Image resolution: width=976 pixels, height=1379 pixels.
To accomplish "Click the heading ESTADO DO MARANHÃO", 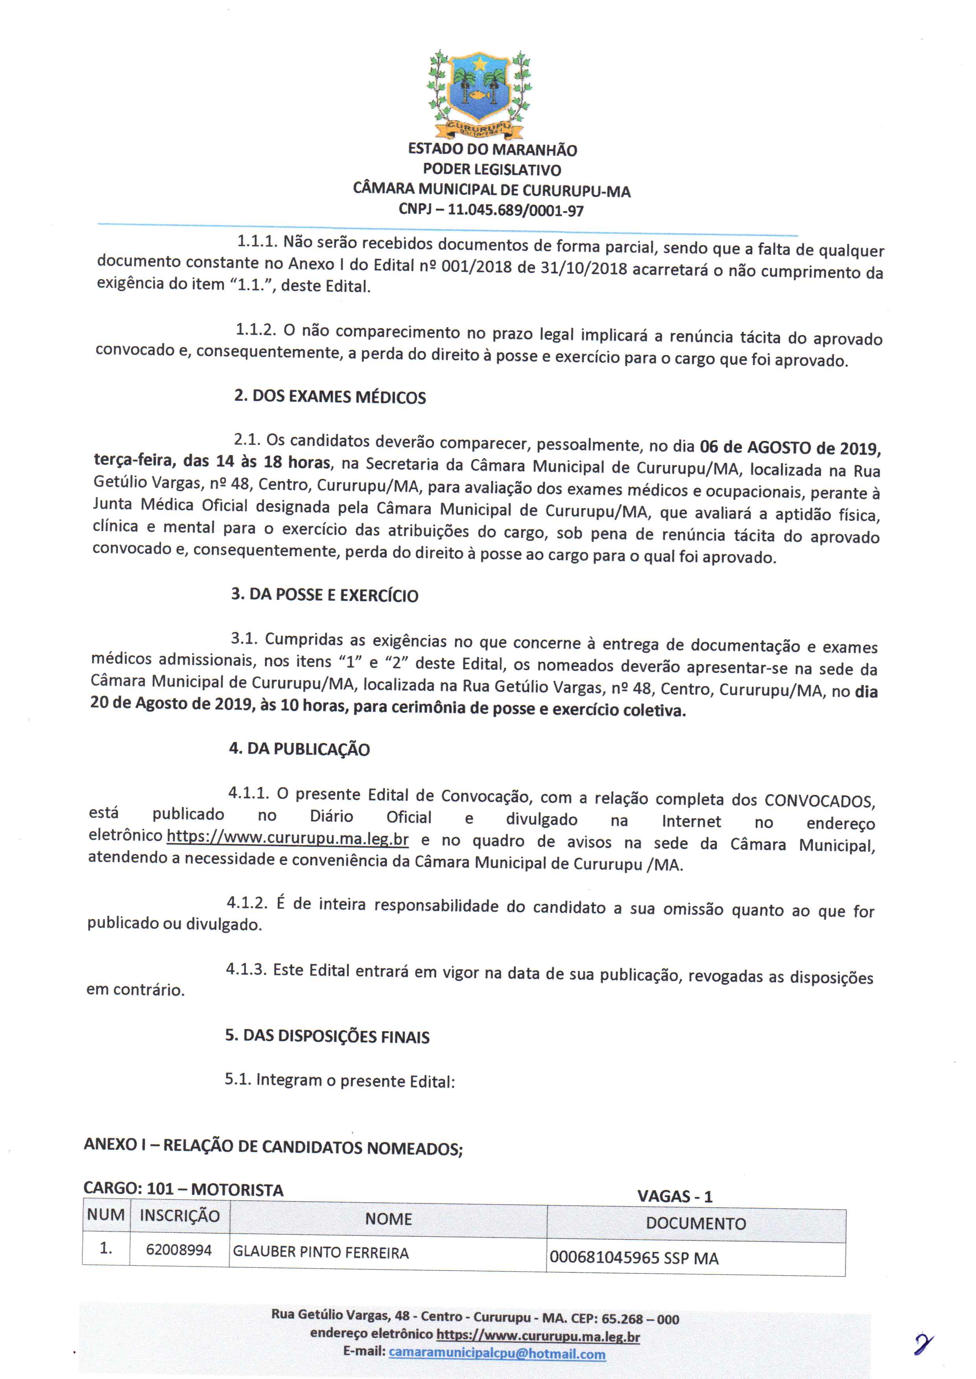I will (492, 149).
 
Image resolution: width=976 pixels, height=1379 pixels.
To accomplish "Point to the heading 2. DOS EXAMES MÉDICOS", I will (330, 396).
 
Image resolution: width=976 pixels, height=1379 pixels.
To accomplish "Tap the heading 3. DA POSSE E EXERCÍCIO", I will (325, 595).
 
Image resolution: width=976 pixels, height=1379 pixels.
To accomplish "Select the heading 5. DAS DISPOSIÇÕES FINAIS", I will (328, 1036).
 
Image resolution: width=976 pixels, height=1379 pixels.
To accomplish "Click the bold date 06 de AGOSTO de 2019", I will (790, 448).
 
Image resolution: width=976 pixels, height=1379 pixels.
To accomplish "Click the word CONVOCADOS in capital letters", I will (819, 801).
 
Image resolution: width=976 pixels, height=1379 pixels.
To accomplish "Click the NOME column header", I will (388, 1219).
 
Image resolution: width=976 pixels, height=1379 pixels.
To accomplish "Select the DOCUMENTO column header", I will (696, 1223).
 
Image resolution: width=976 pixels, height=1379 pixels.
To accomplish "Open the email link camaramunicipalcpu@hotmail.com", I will (497, 1354).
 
